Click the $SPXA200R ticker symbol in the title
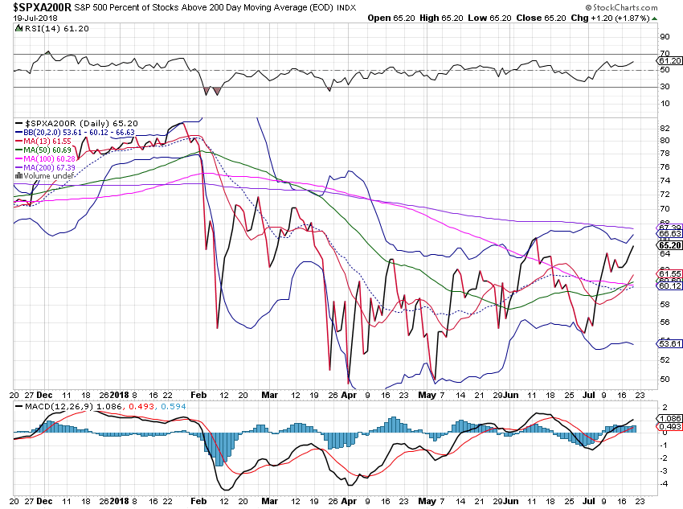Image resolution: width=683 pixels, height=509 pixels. point(41,6)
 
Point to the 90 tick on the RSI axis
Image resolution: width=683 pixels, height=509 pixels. point(665,37)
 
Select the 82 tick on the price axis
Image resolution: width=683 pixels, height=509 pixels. point(665,129)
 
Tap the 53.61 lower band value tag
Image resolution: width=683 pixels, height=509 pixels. point(669,343)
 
